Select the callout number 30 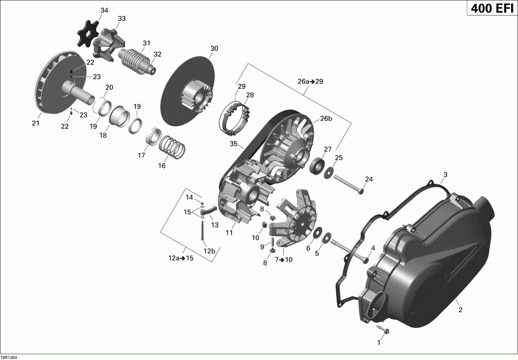pyautogui.click(x=214, y=48)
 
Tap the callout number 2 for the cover pyautogui.click(x=460, y=310)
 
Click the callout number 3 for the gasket pyautogui.click(x=444, y=175)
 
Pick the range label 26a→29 pyautogui.click(x=310, y=82)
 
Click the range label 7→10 pyautogui.click(x=284, y=260)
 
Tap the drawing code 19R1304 pyautogui.click(x=10, y=356)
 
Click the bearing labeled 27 pyautogui.click(x=317, y=167)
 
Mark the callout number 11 pyautogui.click(x=228, y=233)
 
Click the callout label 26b pyautogui.click(x=326, y=119)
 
